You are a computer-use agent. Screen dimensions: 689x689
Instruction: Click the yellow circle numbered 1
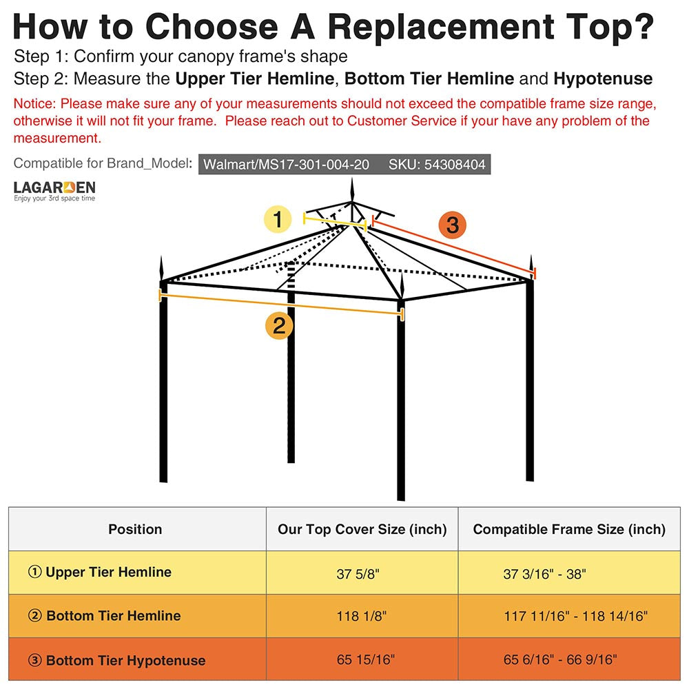pyautogui.click(x=278, y=220)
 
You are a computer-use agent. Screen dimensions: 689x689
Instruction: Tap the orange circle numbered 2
pyautogui.click(x=279, y=325)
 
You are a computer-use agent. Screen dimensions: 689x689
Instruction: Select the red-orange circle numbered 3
pyautogui.click(x=453, y=225)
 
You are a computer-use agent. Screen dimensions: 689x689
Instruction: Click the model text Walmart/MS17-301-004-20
pyautogui.click(x=286, y=165)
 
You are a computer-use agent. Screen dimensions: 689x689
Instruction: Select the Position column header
pyautogui.click(x=135, y=529)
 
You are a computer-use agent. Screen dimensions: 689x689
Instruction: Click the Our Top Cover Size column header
pyautogui.click(x=362, y=529)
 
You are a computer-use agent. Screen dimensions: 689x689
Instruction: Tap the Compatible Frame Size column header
pyautogui.click(x=569, y=529)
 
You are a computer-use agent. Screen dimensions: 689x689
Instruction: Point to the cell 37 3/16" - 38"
pyautogui.click(x=544, y=573)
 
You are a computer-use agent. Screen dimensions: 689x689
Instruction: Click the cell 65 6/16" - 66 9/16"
pyautogui.click(x=559, y=660)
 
